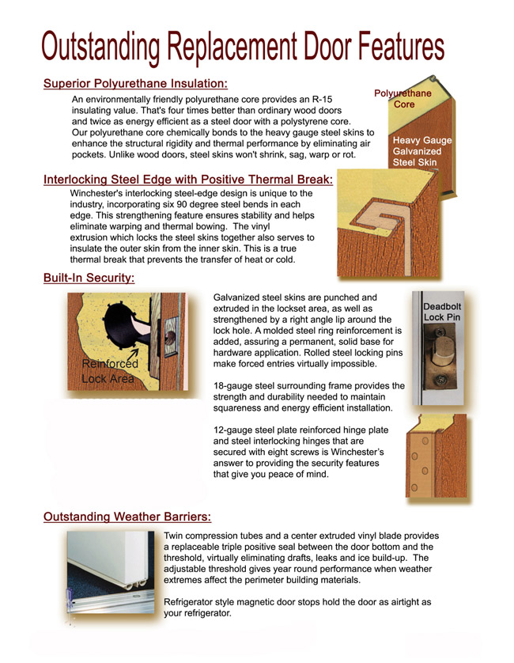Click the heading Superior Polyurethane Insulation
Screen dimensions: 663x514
(135, 83)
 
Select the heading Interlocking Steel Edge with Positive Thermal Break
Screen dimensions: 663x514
(188, 180)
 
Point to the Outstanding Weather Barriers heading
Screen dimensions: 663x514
(127, 517)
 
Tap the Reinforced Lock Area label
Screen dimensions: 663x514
(111, 371)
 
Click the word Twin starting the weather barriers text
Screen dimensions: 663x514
(176, 536)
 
